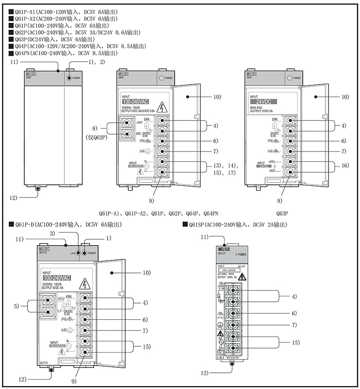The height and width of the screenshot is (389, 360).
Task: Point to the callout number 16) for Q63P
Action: [344, 166]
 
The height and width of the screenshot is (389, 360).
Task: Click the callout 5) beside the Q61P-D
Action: [17, 306]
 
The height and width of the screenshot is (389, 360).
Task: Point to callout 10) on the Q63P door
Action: [344, 97]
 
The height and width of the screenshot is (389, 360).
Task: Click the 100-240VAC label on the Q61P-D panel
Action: [58, 278]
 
